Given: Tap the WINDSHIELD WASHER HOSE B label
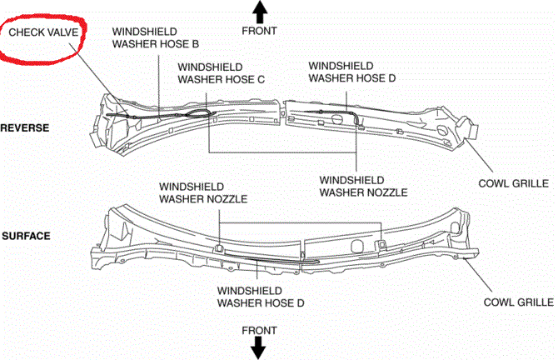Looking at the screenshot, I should point(155,37).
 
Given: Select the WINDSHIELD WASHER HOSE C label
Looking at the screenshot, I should point(221,72).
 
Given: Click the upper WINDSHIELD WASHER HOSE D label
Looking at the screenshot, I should point(351,71).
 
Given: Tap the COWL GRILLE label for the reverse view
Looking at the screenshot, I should point(509,182).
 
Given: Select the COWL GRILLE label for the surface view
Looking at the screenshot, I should point(519,302).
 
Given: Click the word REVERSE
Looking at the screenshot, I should point(25,127).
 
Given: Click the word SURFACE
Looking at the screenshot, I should point(26,236).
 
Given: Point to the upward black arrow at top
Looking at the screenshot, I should point(259,12).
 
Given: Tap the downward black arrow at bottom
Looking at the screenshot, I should point(259,347).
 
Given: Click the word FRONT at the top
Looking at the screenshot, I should point(259,31).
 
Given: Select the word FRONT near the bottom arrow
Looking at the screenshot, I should point(259,330).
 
